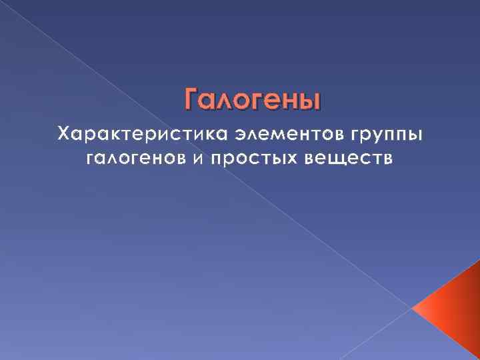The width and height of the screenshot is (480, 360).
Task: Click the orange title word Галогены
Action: (x=252, y=100)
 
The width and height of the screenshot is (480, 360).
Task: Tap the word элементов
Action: (x=289, y=134)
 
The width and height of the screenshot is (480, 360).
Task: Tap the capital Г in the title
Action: (x=191, y=100)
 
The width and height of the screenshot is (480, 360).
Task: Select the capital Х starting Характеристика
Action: (x=64, y=134)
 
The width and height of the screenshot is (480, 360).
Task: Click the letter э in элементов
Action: (x=239, y=135)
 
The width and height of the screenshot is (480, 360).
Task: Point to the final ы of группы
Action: (x=415, y=135)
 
